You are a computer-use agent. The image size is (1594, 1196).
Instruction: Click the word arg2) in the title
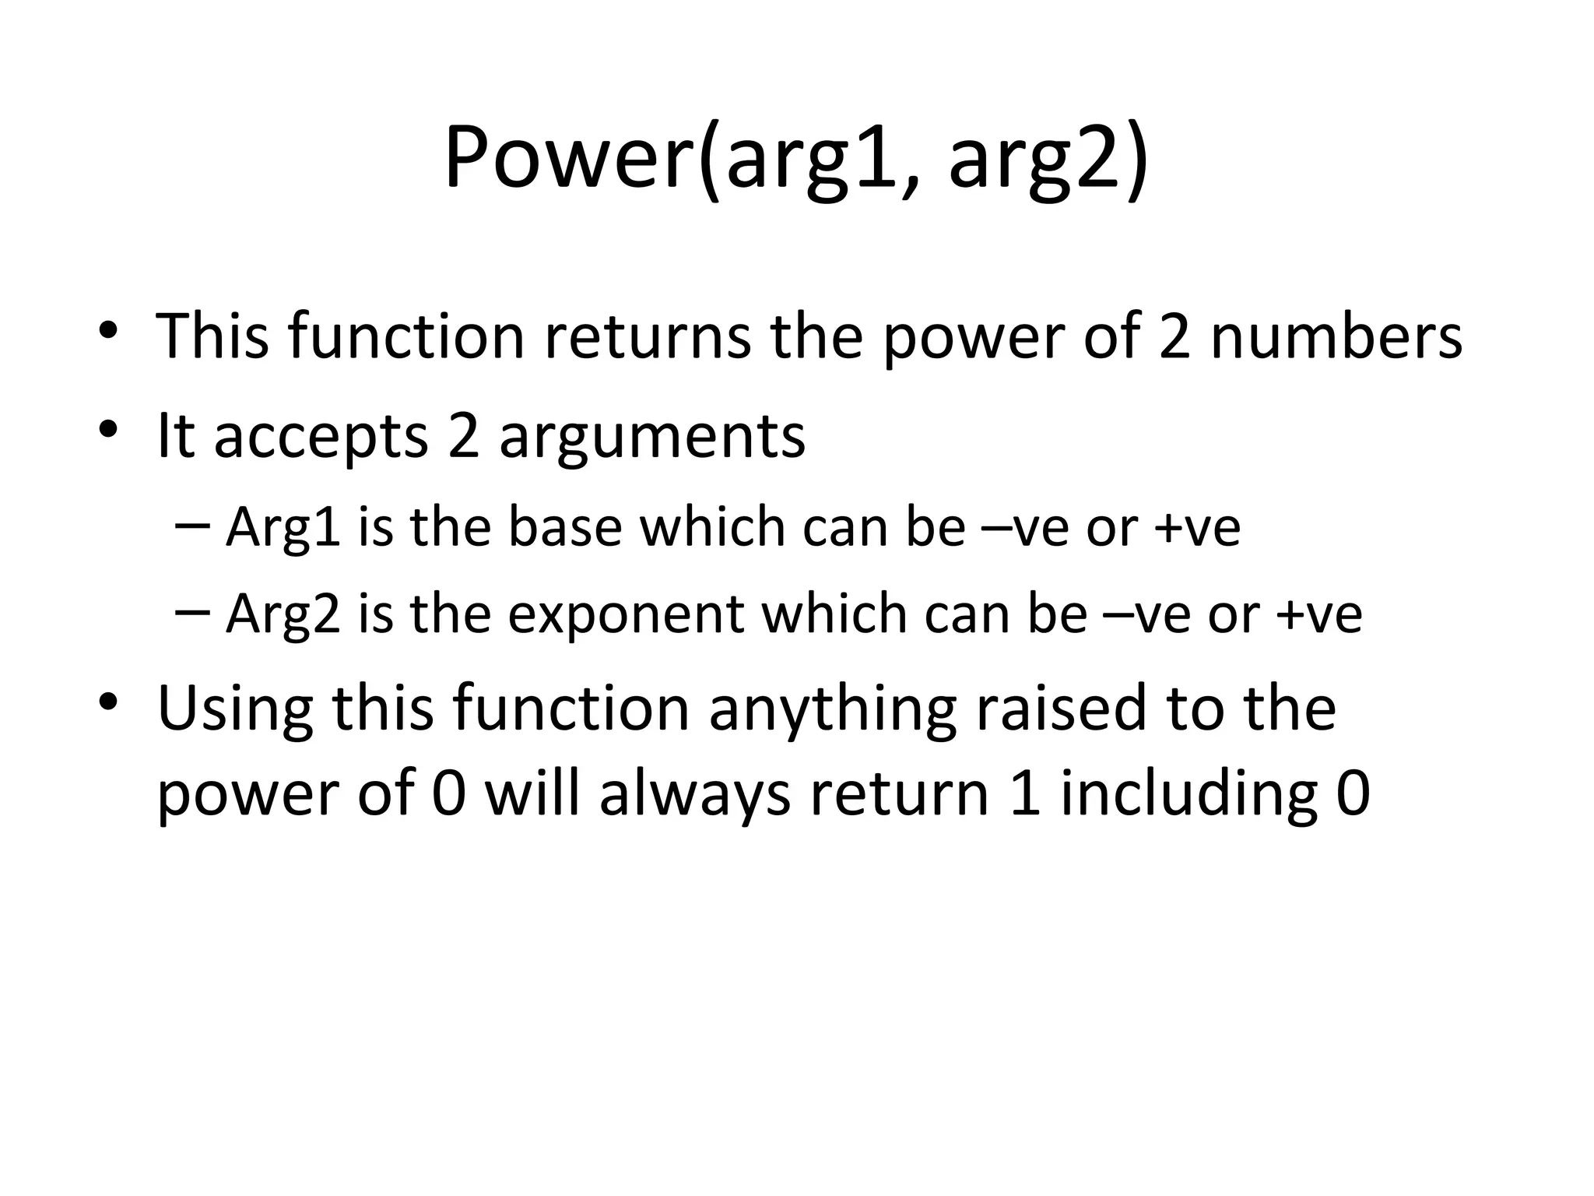point(1048,161)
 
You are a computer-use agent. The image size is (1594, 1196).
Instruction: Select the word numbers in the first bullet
point(1336,336)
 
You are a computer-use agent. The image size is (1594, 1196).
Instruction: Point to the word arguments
point(652,438)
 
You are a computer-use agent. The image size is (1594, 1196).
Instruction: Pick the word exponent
point(626,615)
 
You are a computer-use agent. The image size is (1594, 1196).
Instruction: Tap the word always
point(694,796)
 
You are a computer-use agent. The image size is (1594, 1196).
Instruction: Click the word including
point(1188,796)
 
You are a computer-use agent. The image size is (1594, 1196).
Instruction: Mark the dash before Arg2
point(192,612)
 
